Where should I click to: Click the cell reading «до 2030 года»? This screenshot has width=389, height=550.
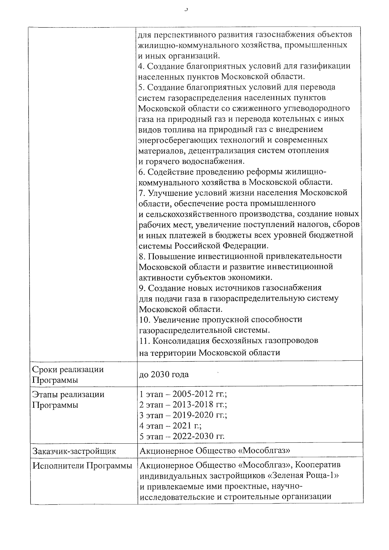pyautogui.click(x=164, y=375)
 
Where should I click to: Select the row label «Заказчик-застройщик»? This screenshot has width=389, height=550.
pyautogui.click(x=74, y=451)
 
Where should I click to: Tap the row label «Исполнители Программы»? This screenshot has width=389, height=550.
pyautogui.click(x=82, y=466)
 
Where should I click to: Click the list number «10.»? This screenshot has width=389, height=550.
pyautogui.click(x=145, y=320)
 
